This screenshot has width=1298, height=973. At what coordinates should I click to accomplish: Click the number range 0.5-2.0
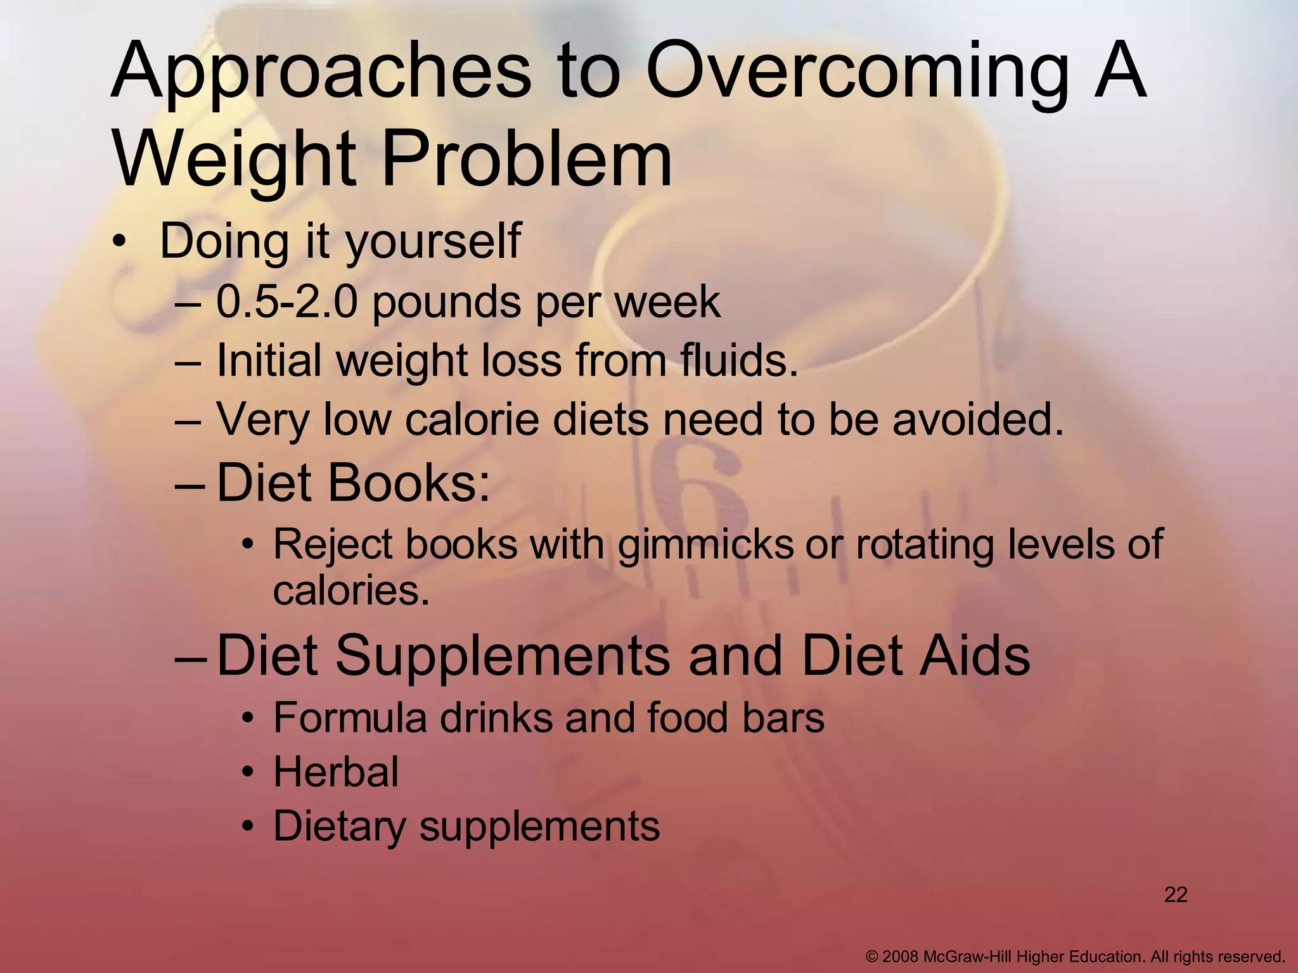(287, 303)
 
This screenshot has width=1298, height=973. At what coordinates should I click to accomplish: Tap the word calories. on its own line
(351, 592)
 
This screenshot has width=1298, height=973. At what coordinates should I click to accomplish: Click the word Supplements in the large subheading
(501, 656)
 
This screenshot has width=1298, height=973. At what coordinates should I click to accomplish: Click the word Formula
(350, 718)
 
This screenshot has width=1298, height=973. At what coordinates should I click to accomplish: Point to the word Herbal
(336, 772)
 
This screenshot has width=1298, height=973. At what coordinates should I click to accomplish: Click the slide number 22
(1176, 895)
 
